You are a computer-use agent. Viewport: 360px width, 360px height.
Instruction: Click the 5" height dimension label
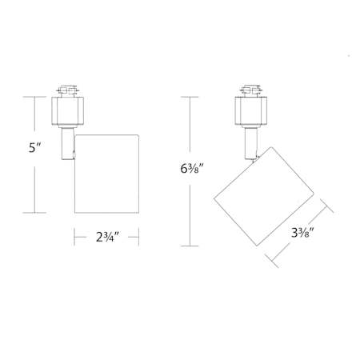point(35,147)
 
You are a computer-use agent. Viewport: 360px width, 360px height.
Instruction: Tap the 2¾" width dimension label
point(107,237)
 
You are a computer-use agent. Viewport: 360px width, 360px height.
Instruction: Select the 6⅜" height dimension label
point(192,169)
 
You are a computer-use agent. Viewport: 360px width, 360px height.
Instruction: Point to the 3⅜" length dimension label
point(302,233)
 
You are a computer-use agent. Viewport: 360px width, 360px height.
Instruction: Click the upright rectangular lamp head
point(106,174)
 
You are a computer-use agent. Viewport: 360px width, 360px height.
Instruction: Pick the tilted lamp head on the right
point(264,196)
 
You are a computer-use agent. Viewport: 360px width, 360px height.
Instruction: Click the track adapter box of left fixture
point(67,110)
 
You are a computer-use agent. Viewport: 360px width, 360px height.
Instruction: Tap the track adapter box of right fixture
point(251,110)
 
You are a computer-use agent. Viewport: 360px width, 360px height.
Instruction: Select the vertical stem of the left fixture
point(67,143)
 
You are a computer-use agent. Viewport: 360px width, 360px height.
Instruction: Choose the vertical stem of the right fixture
point(251,143)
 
